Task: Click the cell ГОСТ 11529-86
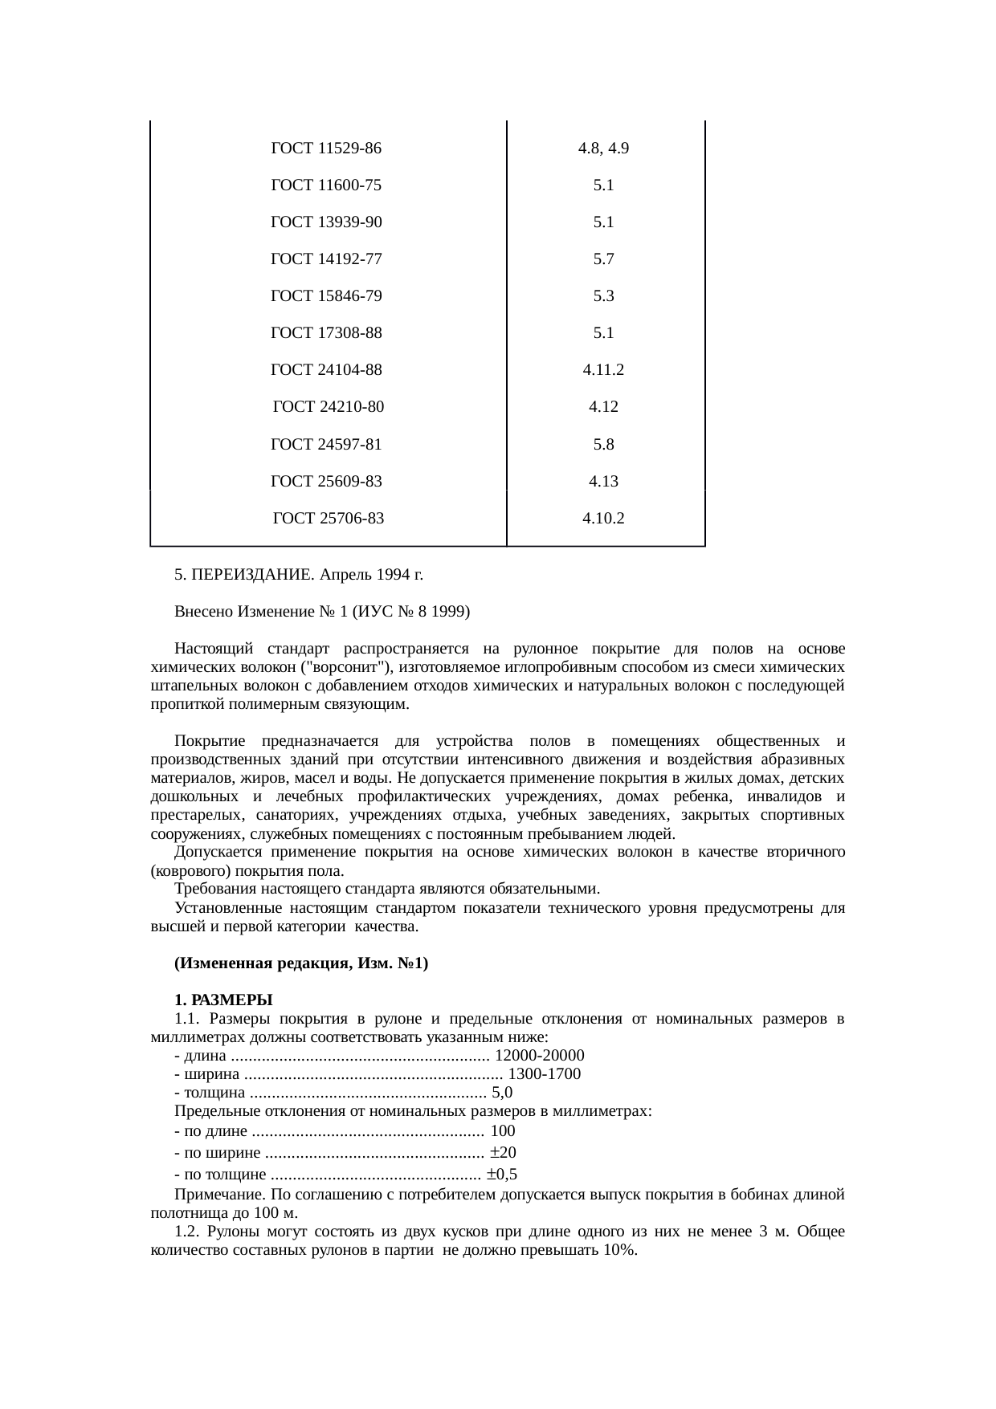tap(326, 149)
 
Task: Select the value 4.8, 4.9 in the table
tap(603, 149)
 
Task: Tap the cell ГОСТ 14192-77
tap(326, 259)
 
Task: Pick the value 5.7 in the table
tap(603, 259)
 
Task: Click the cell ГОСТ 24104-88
tap(326, 370)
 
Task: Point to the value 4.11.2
tap(603, 370)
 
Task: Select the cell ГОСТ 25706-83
tap(329, 519)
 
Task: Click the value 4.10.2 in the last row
tap(603, 519)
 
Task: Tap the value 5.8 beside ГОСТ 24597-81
tap(603, 444)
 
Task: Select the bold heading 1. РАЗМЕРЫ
tap(224, 1000)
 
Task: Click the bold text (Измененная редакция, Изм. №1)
tap(301, 963)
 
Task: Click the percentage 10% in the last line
tap(622, 1251)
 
